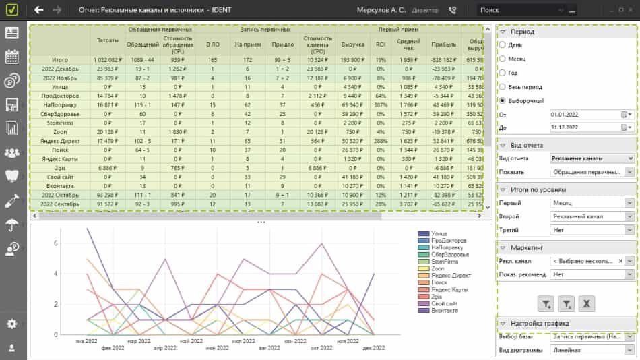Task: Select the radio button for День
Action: [x=502, y=44]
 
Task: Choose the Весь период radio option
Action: [x=502, y=86]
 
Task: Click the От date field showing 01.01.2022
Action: [x=583, y=115]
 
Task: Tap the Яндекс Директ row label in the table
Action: [x=59, y=141]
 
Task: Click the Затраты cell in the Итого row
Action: [x=107, y=60]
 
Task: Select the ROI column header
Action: [x=381, y=44]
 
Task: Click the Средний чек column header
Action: [x=409, y=44]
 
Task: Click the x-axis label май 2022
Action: [x=192, y=341]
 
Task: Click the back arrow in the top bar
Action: [x=39, y=10]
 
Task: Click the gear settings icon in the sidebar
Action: [x=11, y=324]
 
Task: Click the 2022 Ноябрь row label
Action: [x=59, y=78]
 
